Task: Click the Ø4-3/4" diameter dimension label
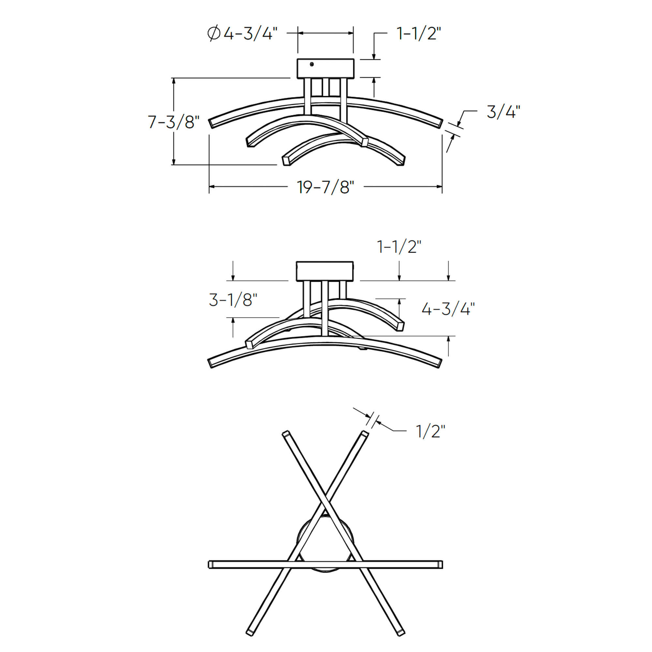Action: point(243,34)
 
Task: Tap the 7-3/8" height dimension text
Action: point(174,122)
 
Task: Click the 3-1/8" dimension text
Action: point(233,300)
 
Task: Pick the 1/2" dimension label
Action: point(430,431)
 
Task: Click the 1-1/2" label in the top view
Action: point(419,34)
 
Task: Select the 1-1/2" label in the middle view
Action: point(399,247)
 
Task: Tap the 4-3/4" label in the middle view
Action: point(448,309)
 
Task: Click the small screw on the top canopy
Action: point(311,64)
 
